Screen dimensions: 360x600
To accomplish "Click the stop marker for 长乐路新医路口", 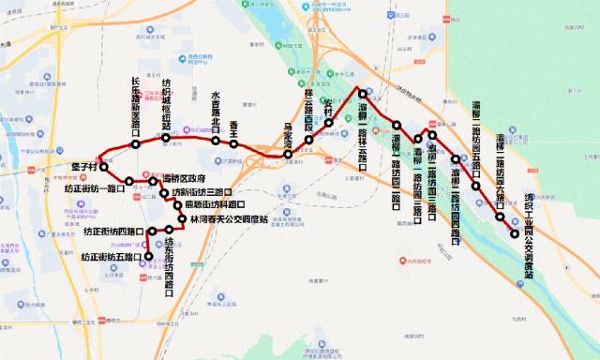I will tap(138, 143).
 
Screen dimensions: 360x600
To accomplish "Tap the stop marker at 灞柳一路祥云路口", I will tap(362, 92).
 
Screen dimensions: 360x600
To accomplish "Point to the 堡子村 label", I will tap(85, 167).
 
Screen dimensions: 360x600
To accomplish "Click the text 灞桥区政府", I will tap(184, 179).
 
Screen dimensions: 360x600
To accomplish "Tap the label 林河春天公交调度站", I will tap(229, 218).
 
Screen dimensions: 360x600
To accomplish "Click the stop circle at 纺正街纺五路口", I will tap(147, 256).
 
